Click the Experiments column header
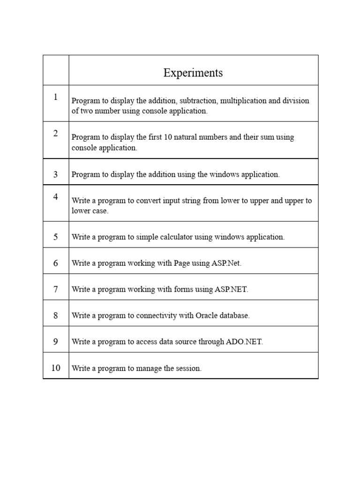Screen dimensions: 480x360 pyautogui.click(x=193, y=73)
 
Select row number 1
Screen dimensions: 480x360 pyautogui.click(x=56, y=97)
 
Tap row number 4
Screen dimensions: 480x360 pyautogui.click(x=56, y=197)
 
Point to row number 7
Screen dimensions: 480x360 pyautogui.click(x=56, y=289)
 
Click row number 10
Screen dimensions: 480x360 pyautogui.click(x=56, y=368)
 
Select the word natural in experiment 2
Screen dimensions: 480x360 pyautogui.click(x=176, y=137)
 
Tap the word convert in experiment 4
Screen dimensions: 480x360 pyautogui.click(x=148, y=201)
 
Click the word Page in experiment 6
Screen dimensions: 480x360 pyautogui.click(x=181, y=263)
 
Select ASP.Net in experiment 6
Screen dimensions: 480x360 pyautogui.click(x=227, y=263)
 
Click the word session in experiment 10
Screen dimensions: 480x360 pyautogui.click(x=189, y=368)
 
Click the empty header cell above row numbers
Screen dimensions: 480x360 pyautogui.click(x=56, y=70)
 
